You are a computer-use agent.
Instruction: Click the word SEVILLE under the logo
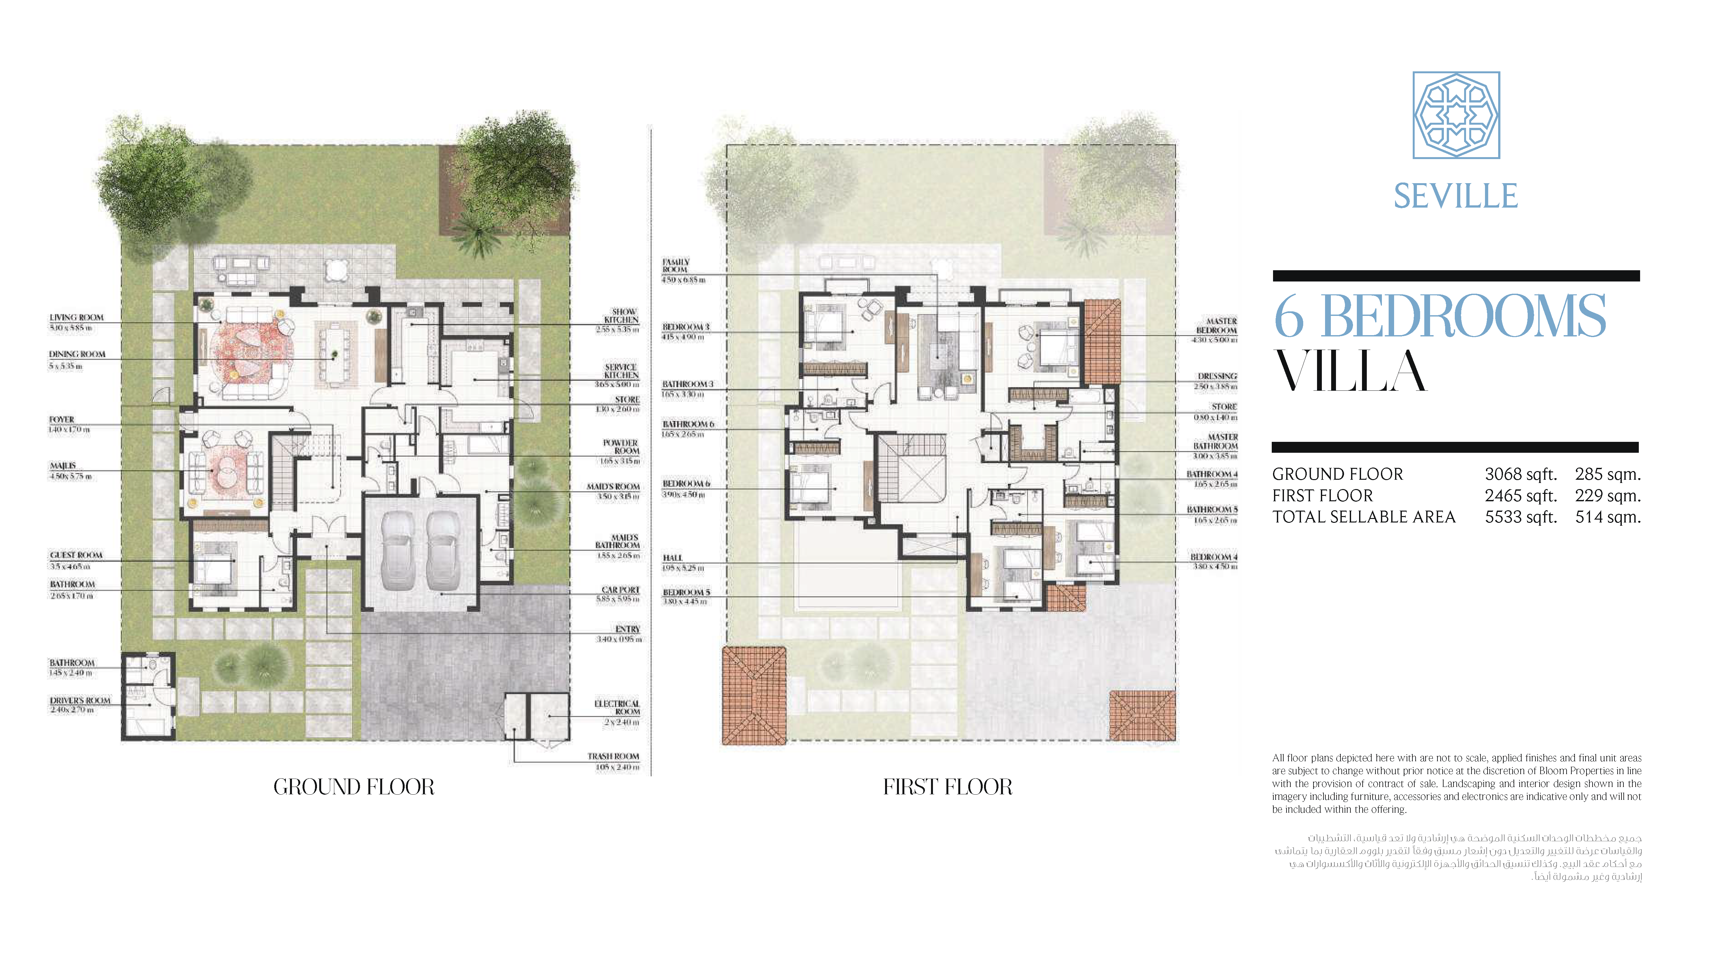click(x=1456, y=196)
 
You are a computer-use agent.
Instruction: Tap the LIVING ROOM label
click(x=76, y=317)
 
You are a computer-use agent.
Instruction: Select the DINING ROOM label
click(x=77, y=355)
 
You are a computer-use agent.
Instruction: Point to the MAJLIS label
click(x=63, y=466)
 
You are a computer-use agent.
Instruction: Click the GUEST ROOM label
click(x=76, y=555)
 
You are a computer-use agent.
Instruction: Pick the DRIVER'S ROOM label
click(x=80, y=701)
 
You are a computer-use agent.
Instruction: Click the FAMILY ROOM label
click(x=676, y=265)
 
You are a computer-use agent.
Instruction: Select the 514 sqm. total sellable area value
click(x=1607, y=517)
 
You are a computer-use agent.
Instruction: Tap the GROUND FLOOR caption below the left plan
click(x=354, y=787)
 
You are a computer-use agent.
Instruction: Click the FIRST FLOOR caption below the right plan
click(x=947, y=787)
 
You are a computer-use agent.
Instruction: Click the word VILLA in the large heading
click(x=1350, y=371)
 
